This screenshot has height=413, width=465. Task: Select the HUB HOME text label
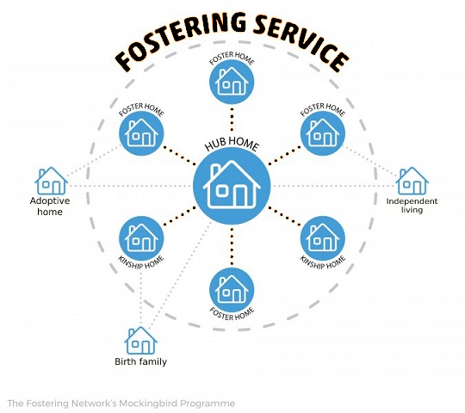(x=232, y=145)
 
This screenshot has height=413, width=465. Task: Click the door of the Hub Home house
(x=240, y=196)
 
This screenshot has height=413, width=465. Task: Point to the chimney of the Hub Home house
(x=215, y=171)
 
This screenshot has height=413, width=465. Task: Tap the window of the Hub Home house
(x=222, y=191)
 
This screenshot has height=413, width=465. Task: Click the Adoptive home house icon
(x=52, y=181)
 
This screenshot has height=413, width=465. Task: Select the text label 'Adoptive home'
(x=50, y=206)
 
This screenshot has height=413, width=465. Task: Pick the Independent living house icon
(x=412, y=181)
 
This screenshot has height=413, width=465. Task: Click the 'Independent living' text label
(x=412, y=206)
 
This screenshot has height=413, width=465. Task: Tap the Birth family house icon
(x=141, y=341)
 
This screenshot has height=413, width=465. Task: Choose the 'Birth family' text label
(x=141, y=361)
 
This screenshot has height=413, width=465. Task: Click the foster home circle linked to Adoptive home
(x=141, y=133)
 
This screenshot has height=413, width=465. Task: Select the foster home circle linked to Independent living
(x=323, y=133)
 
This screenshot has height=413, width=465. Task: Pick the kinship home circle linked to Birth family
(x=141, y=238)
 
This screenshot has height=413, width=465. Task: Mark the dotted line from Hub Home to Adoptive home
(x=132, y=186)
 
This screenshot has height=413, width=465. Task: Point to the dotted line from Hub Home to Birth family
(x=180, y=274)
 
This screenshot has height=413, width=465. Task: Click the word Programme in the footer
(x=208, y=404)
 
